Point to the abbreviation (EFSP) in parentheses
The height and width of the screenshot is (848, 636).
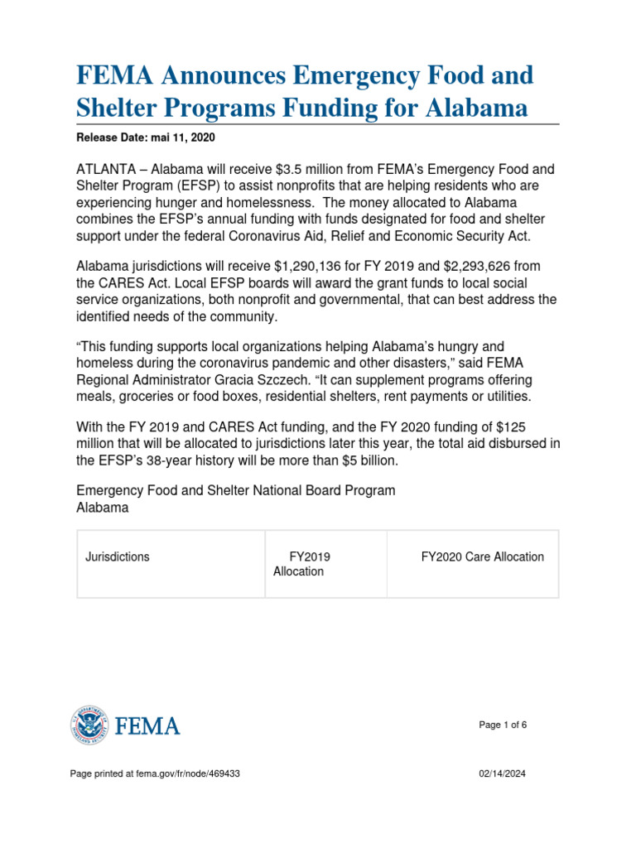pos(198,185)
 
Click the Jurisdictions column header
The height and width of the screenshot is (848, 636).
pos(118,556)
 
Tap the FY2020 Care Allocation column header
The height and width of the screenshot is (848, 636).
pos(482,556)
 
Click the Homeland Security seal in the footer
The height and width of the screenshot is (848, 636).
pos(89,726)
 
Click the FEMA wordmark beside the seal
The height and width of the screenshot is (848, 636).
pos(147,727)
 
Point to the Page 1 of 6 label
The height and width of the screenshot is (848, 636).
pos(503,725)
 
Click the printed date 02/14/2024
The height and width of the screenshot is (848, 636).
pos(503,773)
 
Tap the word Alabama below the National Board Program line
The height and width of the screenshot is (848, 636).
pos(102,508)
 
